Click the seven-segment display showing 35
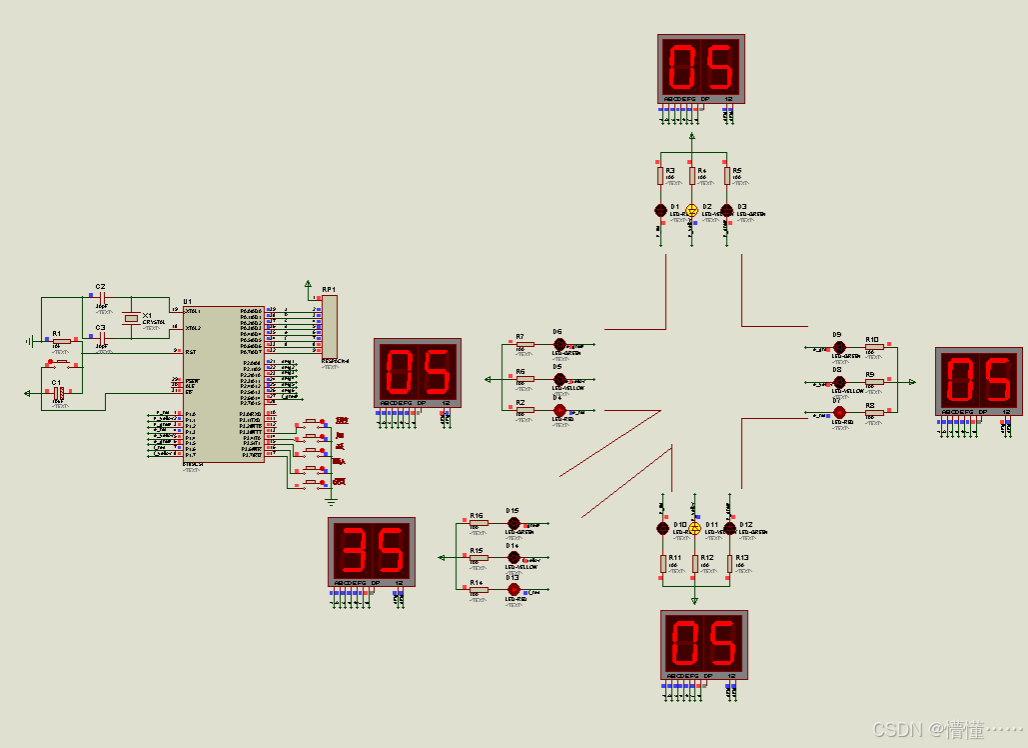point(372,552)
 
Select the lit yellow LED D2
point(691,211)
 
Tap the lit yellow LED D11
point(695,527)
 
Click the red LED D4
point(559,410)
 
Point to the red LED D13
point(514,590)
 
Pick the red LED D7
point(839,412)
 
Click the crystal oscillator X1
point(130,318)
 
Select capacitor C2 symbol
point(101,297)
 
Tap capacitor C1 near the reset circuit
point(59,394)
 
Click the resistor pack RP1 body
point(330,326)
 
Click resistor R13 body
point(730,564)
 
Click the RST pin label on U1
point(191,352)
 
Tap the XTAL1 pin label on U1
point(193,311)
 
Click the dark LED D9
point(839,346)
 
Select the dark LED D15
point(514,523)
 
